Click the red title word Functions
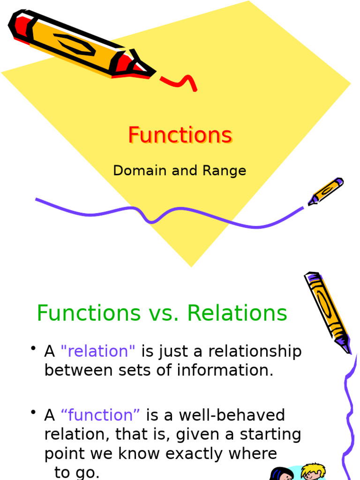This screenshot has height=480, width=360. click(x=180, y=135)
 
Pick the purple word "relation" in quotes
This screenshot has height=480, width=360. click(x=98, y=351)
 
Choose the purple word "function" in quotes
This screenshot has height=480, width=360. click(x=100, y=415)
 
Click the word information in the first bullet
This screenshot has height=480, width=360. click(x=225, y=370)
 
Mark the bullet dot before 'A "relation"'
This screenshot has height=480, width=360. click(x=33, y=348)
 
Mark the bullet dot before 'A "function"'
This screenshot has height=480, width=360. click(x=33, y=412)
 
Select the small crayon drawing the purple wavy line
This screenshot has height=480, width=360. click(x=325, y=191)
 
